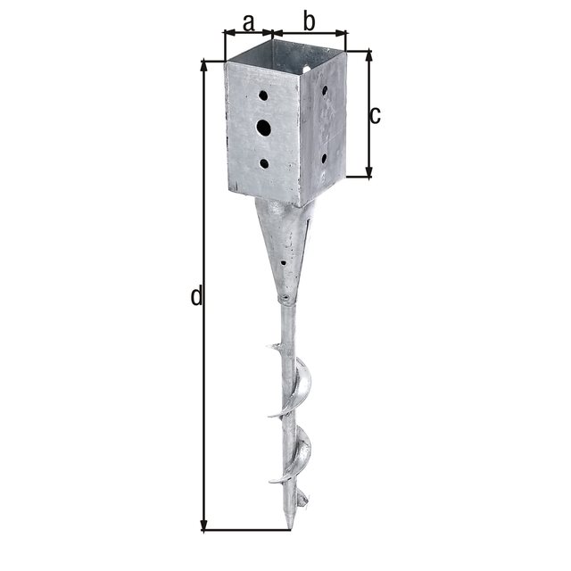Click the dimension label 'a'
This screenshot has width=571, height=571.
(x=248, y=22)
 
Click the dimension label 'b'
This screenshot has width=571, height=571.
(x=309, y=21)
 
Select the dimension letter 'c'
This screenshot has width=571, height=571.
(x=375, y=115)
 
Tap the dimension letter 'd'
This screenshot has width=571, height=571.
(x=196, y=295)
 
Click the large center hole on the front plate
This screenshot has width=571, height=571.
(x=264, y=128)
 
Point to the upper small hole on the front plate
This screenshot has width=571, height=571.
(x=263, y=95)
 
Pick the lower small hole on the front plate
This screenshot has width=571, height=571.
(x=264, y=163)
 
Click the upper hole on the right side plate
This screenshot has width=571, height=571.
(x=325, y=90)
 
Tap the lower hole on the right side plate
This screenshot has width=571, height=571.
(x=324, y=159)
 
